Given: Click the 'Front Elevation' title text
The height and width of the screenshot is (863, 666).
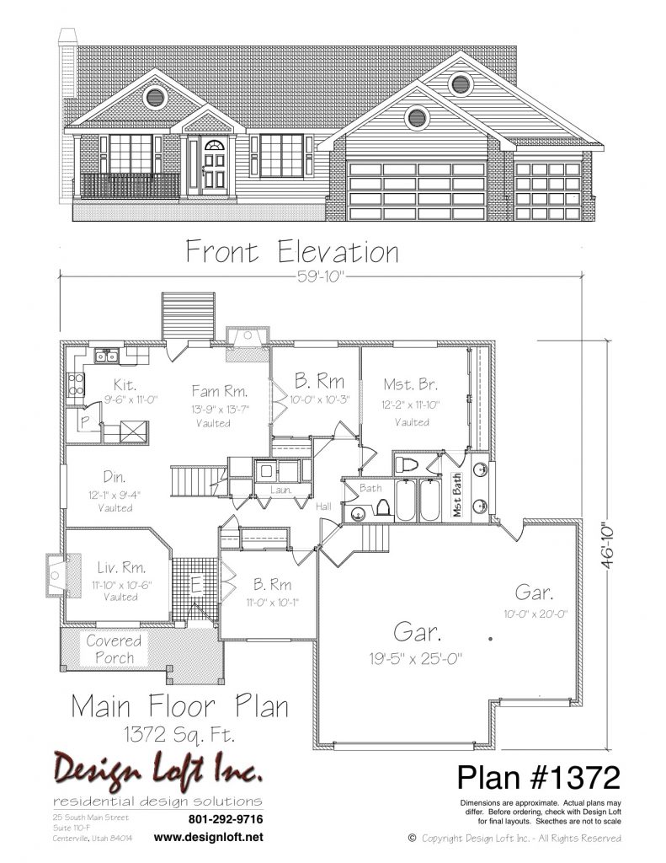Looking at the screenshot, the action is point(292,252).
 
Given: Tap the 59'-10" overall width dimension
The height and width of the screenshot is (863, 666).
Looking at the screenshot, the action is point(320,276).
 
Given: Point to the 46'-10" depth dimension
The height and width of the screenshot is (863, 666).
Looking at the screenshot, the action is point(608,545).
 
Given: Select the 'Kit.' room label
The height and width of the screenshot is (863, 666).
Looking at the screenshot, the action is point(125,384).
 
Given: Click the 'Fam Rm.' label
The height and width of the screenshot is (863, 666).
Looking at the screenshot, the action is point(220,391).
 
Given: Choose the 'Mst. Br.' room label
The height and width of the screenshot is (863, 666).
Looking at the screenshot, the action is point(411,384).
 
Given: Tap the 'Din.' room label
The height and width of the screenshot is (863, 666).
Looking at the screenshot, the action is point(115,477).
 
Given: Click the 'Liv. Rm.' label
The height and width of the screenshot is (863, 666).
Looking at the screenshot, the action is point(121,567).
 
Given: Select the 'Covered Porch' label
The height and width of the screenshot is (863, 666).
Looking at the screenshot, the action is point(114,649).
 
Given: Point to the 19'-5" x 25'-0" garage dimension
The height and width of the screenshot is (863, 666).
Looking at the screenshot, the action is point(416,658).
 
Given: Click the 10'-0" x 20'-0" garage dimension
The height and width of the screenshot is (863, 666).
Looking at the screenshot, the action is point(535,614).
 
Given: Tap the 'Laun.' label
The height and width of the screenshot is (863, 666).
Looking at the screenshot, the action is point(280,490).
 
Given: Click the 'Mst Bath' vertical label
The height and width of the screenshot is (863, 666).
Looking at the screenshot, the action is point(457,496).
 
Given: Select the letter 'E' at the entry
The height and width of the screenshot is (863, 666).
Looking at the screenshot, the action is point(196,585).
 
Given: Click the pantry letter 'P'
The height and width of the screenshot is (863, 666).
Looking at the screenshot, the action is point(85,421).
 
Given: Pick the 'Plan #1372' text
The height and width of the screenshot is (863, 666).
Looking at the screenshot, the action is point(538,777).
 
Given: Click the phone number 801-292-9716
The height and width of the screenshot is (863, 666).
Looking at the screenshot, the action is point(226,819).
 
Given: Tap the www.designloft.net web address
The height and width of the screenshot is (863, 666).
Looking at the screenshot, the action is point(209,838).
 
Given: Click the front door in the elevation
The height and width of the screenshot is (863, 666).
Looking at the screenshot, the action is point(214,165).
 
